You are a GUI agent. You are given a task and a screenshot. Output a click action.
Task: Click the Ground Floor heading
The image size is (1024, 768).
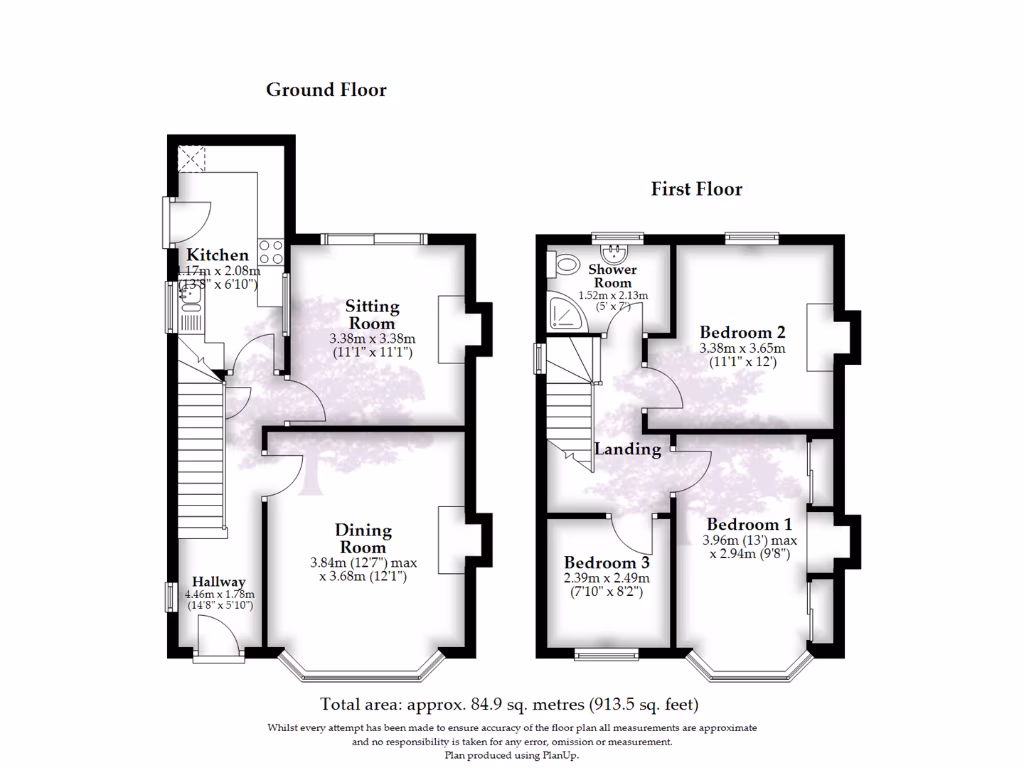coord(326,90)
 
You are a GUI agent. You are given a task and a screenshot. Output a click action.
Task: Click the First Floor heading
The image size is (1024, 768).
coord(697,189)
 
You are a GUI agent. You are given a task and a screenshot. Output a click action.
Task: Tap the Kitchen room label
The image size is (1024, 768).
coord(217,256)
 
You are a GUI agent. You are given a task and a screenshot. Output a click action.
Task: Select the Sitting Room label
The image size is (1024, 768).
coord(372,315)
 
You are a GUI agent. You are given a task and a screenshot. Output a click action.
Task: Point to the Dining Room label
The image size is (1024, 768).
coord(363,539)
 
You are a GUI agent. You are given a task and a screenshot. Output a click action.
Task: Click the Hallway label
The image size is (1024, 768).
coord(219,582)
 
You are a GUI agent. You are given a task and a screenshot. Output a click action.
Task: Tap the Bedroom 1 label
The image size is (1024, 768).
coord(749,524)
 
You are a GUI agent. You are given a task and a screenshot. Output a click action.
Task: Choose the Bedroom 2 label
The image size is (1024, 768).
coord(742,333)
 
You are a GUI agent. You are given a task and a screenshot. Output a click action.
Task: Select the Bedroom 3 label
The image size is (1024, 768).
coord(606,563)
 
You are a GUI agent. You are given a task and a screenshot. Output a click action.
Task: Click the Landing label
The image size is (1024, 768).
coord(628,449)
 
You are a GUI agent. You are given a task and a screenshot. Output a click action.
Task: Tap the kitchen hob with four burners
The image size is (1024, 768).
coord(271,251)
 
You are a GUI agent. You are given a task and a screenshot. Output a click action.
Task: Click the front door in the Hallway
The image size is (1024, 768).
coord(219,638)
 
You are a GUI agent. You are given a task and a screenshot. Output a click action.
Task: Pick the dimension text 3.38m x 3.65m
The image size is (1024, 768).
coord(742,349)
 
